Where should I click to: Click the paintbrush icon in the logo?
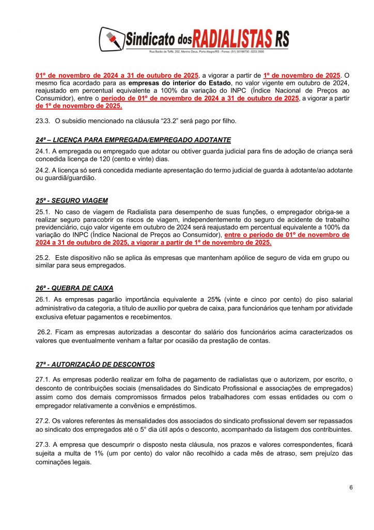[x=111, y=38]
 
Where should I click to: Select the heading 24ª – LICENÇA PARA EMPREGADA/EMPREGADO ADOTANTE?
[x=133, y=140]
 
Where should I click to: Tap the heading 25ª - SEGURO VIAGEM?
[x=72, y=200]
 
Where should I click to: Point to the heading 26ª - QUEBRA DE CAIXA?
[x=74, y=288]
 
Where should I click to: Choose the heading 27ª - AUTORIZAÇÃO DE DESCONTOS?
[x=96, y=364]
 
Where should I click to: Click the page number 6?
[x=351, y=488]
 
